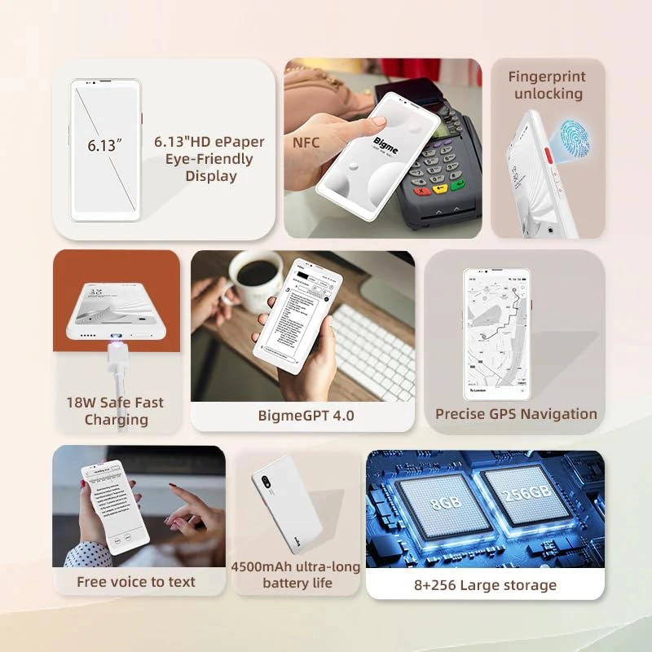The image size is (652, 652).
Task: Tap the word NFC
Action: (x=306, y=143)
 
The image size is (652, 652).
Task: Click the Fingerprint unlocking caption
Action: (x=546, y=86)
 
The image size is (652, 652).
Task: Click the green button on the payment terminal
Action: (x=458, y=185)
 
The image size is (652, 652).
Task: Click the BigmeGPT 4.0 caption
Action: (x=306, y=416)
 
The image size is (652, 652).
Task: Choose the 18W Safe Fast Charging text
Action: (x=115, y=411)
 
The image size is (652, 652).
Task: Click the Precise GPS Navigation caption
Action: (x=516, y=414)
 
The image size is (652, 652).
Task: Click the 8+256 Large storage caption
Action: (x=485, y=585)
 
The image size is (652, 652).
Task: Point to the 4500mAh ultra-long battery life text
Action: (x=297, y=575)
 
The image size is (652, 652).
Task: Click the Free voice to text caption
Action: (x=136, y=582)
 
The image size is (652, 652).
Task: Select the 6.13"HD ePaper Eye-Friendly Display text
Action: (x=209, y=158)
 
